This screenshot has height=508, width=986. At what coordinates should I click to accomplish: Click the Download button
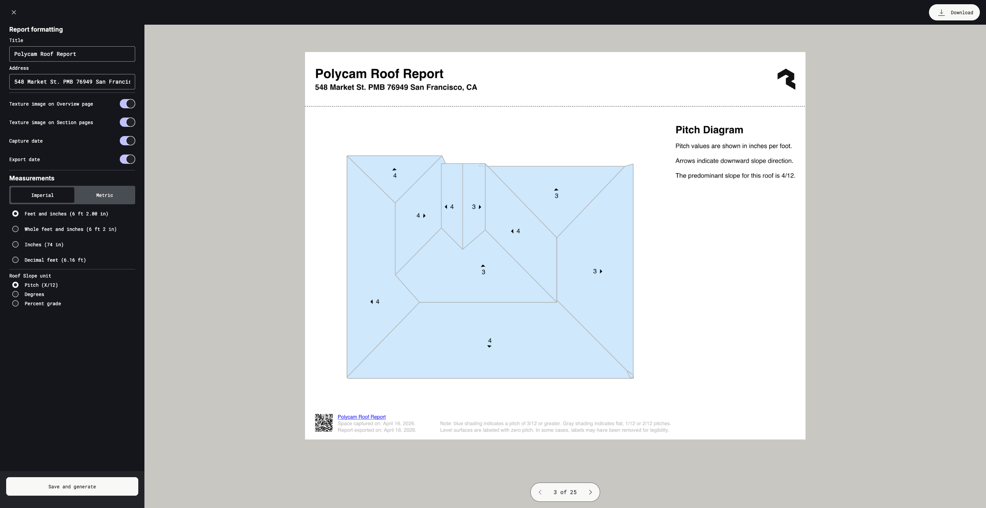pos(954,12)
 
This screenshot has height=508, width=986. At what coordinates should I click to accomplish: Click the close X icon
pos(14,12)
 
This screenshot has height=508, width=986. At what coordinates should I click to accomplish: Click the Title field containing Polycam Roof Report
pos(72,54)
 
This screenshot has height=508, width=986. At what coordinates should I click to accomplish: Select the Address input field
pos(72,82)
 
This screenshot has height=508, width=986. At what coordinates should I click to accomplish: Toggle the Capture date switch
pos(127,141)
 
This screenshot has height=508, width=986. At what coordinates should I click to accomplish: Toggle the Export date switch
pos(127,159)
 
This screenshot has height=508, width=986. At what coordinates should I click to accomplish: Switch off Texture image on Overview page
pos(127,104)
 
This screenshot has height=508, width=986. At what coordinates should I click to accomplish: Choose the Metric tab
pos(104,195)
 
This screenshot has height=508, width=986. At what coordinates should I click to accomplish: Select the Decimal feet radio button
pos(15,260)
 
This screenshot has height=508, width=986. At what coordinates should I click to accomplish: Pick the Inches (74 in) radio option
pos(15,244)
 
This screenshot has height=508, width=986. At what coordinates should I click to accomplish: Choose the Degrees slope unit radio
pos(15,294)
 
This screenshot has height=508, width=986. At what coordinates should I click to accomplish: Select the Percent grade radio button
pos(15,303)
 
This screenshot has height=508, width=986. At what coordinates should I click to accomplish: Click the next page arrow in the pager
pos(590,492)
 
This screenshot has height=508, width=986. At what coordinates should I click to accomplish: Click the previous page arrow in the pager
pos(540,492)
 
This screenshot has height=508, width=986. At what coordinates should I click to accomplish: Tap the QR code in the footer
pos(324,423)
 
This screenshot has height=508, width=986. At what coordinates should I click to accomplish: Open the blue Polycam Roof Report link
pos(361,417)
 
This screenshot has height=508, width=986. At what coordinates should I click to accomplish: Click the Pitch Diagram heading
pos(709,130)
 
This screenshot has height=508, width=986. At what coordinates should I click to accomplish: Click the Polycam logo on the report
pos(786,79)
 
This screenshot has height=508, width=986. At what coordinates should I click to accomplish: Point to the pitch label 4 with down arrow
pos(490,342)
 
